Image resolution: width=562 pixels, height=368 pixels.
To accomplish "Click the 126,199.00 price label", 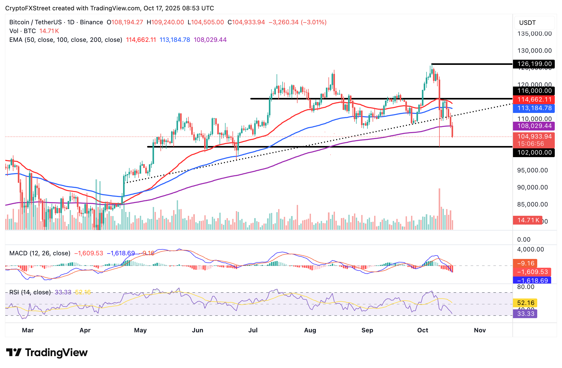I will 533,64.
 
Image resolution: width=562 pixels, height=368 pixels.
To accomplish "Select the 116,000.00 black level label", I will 533,91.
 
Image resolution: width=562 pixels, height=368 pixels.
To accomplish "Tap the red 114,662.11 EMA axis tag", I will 533,99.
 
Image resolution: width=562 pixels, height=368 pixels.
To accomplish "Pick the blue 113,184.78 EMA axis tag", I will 533,108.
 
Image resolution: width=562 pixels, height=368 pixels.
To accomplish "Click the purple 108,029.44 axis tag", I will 533,126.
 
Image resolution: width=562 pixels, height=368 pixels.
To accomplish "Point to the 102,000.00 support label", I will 533,152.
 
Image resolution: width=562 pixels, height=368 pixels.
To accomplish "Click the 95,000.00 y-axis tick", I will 532,170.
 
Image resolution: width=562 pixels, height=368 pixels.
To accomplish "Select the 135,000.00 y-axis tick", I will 534,34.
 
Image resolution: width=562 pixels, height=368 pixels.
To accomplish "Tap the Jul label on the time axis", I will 253,330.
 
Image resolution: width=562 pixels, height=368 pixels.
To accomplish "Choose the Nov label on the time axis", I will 480,330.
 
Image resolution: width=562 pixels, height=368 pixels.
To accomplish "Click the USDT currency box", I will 534,23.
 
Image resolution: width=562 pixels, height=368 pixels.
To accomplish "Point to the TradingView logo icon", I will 14,352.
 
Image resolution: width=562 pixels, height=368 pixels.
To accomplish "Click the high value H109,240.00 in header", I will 165,22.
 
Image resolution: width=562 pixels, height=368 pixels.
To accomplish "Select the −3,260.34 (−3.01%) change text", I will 298,22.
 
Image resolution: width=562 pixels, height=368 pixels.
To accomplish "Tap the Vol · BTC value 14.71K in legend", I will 49,31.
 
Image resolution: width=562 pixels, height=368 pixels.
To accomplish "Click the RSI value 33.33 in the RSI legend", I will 63,292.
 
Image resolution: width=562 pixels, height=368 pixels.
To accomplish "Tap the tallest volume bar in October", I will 439,209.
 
